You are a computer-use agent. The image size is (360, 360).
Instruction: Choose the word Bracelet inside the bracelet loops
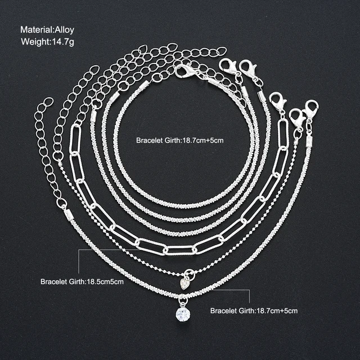149,140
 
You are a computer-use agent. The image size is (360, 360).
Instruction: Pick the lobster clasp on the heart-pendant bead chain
297,118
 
